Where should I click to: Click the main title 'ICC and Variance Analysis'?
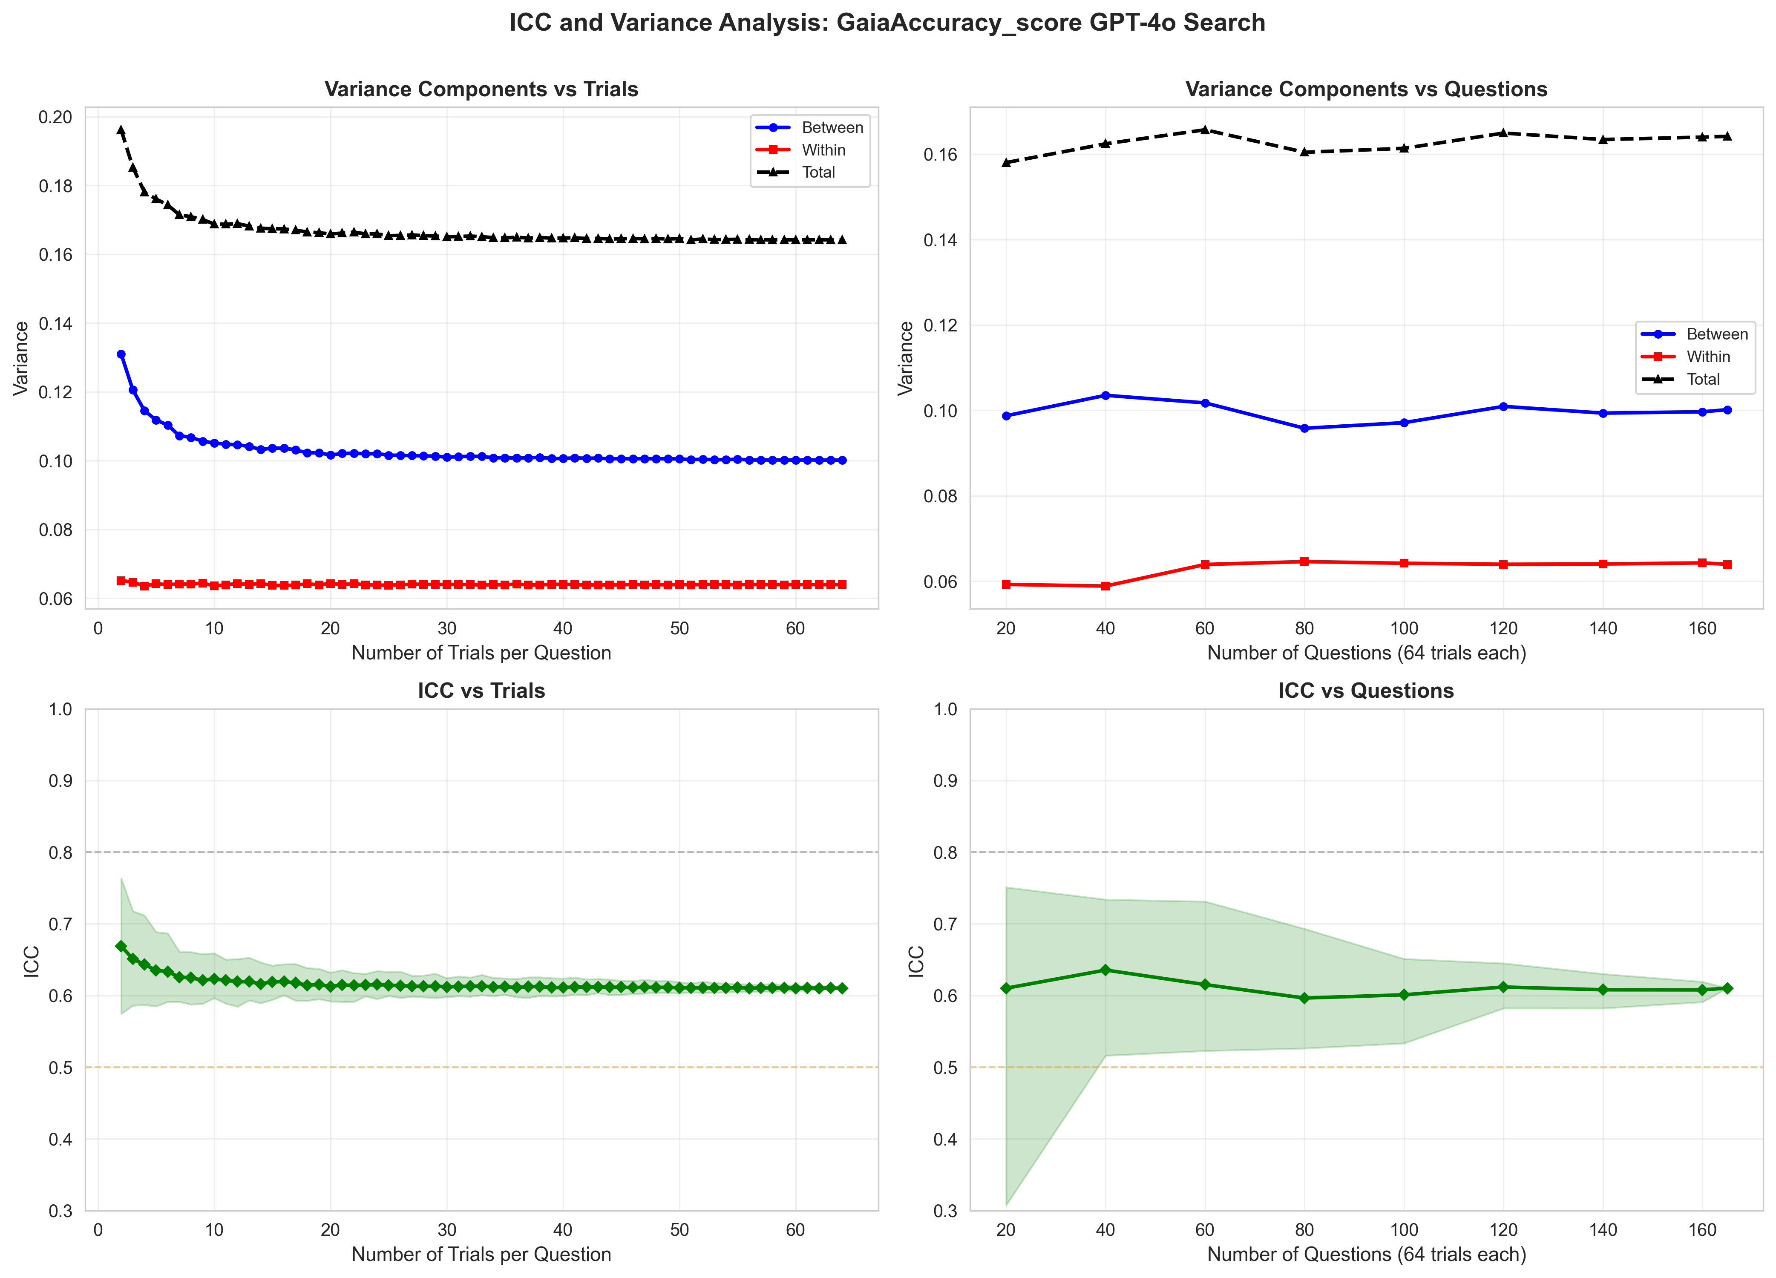point(887,23)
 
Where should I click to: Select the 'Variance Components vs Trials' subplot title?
point(481,89)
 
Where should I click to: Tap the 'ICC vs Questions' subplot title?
point(1366,691)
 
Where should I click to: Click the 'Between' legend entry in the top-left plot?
point(832,128)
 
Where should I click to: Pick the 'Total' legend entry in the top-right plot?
point(1703,379)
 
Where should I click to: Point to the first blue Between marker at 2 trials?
point(121,354)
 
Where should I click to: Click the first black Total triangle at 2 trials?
point(121,130)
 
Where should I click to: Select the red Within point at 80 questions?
point(1304,561)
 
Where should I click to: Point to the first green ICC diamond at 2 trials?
point(121,946)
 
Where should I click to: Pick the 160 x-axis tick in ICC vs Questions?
point(1702,1230)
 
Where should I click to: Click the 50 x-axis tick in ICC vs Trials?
point(679,1230)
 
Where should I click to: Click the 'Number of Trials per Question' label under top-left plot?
point(481,653)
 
